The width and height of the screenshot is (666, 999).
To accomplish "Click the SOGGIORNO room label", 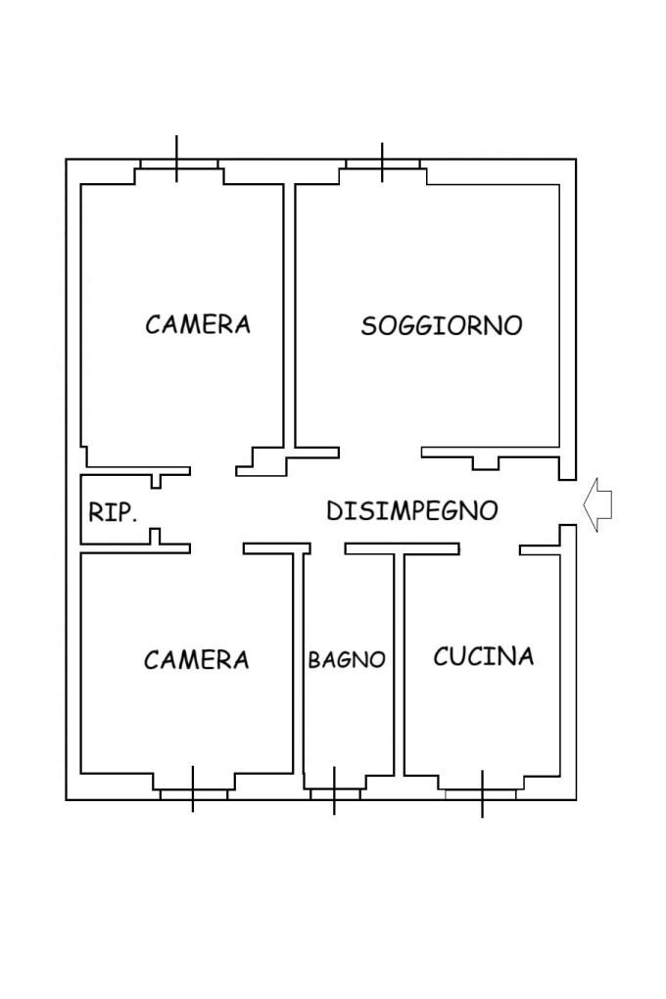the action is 442,325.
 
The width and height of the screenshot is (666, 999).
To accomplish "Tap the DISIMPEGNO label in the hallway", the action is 411,510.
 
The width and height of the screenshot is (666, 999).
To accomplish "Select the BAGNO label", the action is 347,659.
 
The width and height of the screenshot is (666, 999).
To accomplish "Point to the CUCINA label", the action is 483,656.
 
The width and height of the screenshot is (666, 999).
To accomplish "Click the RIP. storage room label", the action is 113,512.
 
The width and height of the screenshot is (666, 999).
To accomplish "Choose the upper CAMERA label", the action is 198,324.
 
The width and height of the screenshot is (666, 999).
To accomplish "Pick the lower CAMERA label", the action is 196,659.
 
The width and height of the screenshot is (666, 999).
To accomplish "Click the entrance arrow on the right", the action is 597,504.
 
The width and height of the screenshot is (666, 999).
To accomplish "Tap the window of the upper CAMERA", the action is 178,164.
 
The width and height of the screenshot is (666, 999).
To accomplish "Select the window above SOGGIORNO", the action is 382,164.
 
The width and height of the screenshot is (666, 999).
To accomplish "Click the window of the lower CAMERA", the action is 193,794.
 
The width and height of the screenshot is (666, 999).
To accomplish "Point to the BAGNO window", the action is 335,794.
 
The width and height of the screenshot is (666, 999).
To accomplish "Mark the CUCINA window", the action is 482,794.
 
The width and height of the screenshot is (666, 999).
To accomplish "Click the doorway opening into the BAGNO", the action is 327,548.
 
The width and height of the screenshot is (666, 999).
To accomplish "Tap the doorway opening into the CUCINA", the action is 490,548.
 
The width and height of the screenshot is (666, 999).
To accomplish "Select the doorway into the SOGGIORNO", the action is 380,452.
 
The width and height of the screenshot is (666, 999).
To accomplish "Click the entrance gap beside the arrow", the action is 568,502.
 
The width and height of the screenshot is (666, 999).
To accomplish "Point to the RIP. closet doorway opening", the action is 156,508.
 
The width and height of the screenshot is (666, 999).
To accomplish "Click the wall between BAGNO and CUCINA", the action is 399,664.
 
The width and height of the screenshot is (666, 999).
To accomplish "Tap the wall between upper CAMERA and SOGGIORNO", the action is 289,316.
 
